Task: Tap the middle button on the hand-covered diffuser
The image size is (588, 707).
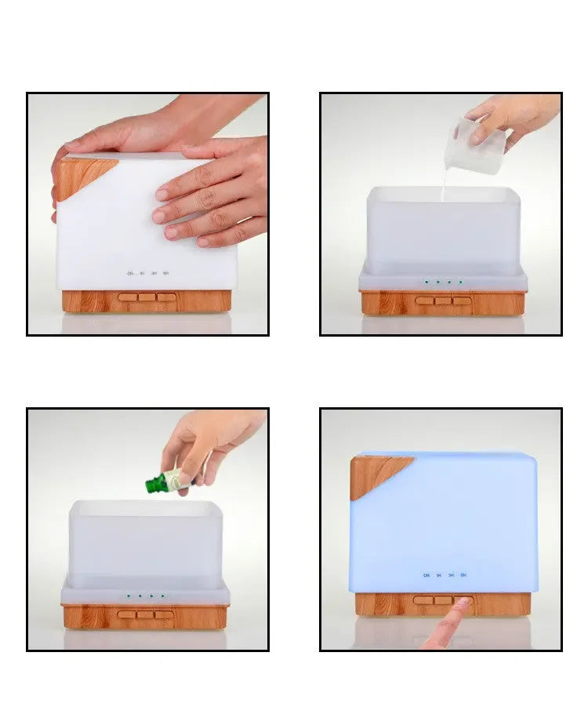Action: pos(147,297)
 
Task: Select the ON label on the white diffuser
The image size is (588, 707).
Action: pos(130,274)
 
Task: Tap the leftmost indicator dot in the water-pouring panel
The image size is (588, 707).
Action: pos(426,281)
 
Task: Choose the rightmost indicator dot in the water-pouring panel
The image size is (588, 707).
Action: pos(460,281)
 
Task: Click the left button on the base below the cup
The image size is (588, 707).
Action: pos(425,301)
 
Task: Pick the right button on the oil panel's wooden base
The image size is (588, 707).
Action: pos(165,614)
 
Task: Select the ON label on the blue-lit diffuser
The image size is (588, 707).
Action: pos(426,576)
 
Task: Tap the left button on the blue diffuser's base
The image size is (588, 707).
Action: pos(423,600)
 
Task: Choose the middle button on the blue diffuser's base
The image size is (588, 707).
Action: pos(443,600)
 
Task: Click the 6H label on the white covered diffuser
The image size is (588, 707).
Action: pos(166,274)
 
